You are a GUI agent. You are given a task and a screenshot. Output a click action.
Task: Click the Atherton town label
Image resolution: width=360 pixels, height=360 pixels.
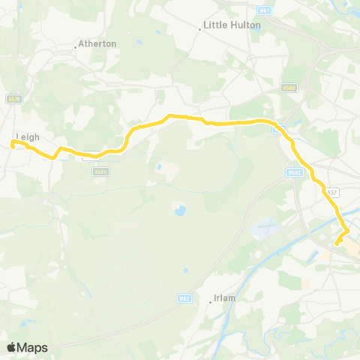[x=98, y=43]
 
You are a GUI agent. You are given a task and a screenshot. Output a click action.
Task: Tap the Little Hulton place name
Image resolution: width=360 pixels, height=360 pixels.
[x=232, y=25]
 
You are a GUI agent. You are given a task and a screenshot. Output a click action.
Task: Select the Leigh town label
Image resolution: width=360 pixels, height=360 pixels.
[x=27, y=136]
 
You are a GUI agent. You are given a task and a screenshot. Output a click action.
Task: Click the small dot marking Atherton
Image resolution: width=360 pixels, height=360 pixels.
[x=76, y=47]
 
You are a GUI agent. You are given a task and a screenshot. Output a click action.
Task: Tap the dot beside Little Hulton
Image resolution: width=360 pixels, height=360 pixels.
[x=202, y=28]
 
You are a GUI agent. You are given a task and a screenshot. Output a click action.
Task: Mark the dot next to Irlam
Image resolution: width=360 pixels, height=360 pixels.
[x=211, y=301]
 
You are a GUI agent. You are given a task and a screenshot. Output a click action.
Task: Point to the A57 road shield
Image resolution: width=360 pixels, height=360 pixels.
[x=331, y=193]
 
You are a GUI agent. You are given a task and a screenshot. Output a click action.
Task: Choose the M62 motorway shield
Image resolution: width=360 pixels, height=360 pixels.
[x=184, y=298]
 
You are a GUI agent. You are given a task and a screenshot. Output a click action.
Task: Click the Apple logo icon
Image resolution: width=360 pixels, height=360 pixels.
[x=12, y=347]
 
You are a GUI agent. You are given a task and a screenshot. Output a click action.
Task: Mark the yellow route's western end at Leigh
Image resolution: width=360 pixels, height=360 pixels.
[x=13, y=142]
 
